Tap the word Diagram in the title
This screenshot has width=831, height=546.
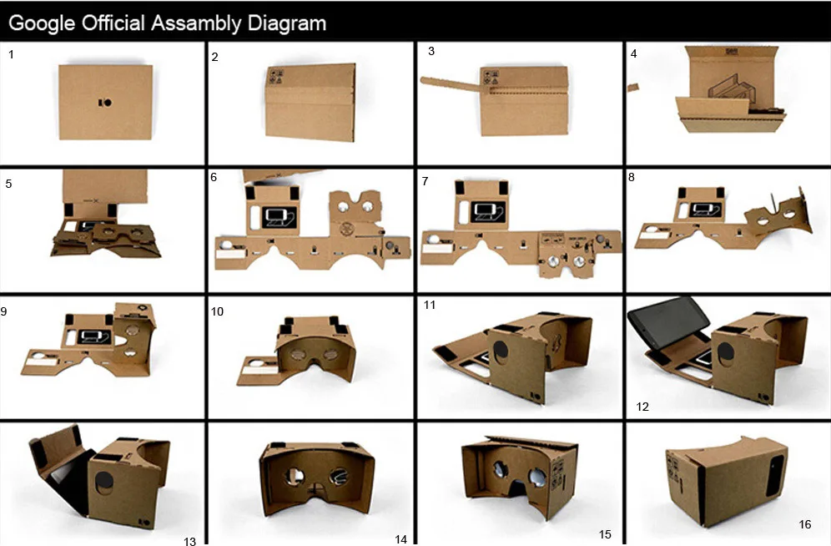[287, 23]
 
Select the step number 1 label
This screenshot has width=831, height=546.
[11, 54]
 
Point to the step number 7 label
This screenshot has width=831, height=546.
[426, 181]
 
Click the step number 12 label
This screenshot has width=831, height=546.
[642, 407]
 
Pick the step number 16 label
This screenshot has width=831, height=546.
[804, 524]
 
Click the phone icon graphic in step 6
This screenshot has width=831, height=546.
[276, 216]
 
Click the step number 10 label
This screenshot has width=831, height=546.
[218, 312]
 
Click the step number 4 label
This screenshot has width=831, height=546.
[634, 54]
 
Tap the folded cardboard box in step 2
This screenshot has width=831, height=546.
[310, 102]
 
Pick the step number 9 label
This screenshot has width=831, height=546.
[4, 312]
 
